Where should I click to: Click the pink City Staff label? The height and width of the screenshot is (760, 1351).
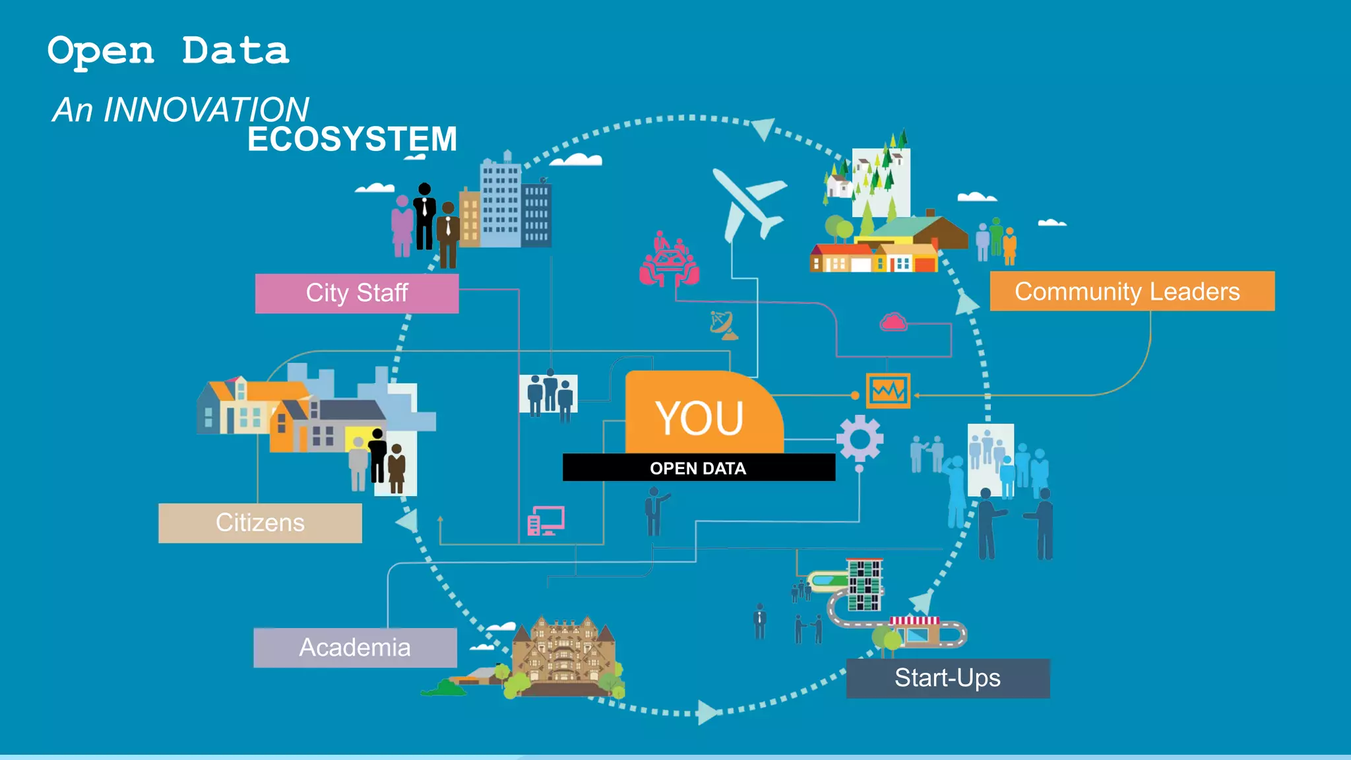(357, 293)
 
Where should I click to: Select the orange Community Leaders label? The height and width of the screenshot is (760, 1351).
(1131, 291)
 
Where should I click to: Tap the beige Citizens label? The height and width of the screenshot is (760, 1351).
(260, 522)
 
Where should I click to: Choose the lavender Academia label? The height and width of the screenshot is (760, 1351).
(355, 647)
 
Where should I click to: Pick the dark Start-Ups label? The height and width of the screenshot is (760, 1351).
(947, 678)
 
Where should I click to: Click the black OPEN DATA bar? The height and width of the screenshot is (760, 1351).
(698, 468)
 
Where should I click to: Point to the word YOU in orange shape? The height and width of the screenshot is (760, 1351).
(699, 418)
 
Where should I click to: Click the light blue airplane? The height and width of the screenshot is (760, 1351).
(749, 201)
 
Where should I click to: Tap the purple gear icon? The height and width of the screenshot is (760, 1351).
(859, 438)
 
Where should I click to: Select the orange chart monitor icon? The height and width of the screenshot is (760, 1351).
(888, 391)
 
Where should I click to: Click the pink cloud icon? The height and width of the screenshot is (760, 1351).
(893, 322)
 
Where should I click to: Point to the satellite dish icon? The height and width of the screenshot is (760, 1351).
(723, 325)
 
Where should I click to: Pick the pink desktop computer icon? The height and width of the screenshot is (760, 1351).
(546, 521)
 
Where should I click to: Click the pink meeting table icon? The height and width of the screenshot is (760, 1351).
(668, 261)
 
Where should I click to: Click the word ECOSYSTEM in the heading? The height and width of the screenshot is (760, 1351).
(352, 139)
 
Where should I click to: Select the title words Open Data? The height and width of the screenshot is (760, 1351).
(168, 51)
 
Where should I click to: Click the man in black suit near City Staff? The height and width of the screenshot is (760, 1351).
(424, 216)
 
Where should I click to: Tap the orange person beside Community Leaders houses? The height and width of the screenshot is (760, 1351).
(1009, 245)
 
